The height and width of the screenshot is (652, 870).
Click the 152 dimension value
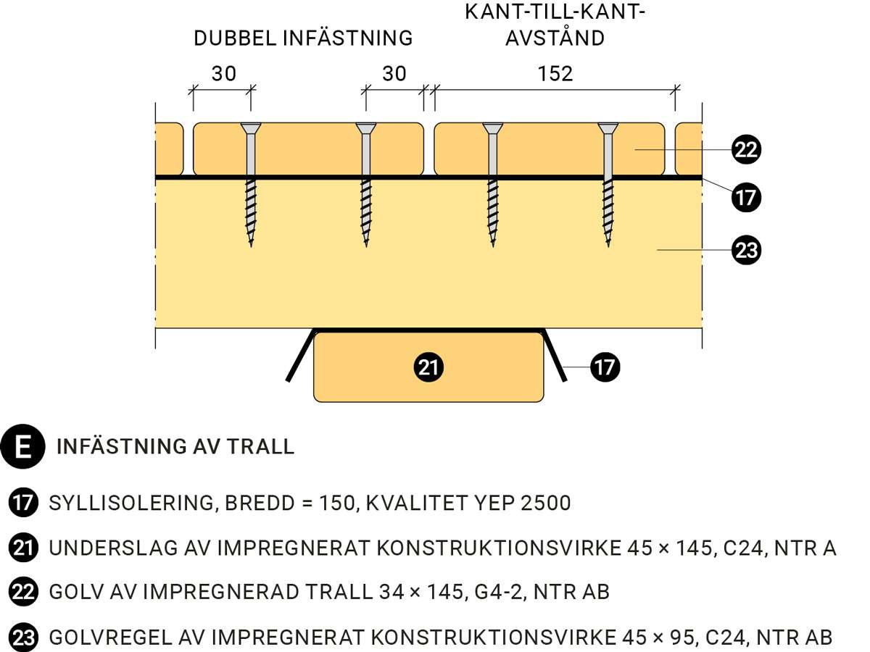pyautogui.click(x=556, y=73)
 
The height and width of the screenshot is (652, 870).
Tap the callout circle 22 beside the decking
pyautogui.click(x=746, y=150)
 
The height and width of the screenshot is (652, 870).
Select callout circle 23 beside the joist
pyautogui.click(x=746, y=251)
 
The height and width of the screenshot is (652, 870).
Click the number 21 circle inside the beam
pyautogui.click(x=428, y=367)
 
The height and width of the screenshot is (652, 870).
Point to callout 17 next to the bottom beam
pyautogui.click(x=605, y=367)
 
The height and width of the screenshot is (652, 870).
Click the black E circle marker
pyautogui.click(x=24, y=446)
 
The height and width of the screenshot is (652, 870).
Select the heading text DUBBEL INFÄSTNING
pyautogui.click(x=303, y=38)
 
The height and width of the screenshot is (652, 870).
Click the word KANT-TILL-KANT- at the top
pyautogui.click(x=555, y=12)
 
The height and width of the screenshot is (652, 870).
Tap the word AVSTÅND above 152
pyautogui.click(x=555, y=38)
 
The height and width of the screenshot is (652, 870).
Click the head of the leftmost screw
pyautogui.click(x=251, y=129)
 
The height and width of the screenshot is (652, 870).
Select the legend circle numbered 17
pyautogui.click(x=23, y=503)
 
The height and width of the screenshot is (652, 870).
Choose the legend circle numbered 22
pyautogui.click(x=23, y=593)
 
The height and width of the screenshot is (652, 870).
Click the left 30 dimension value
pyautogui.click(x=224, y=73)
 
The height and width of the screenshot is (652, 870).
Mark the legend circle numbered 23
pyautogui.click(x=23, y=638)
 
